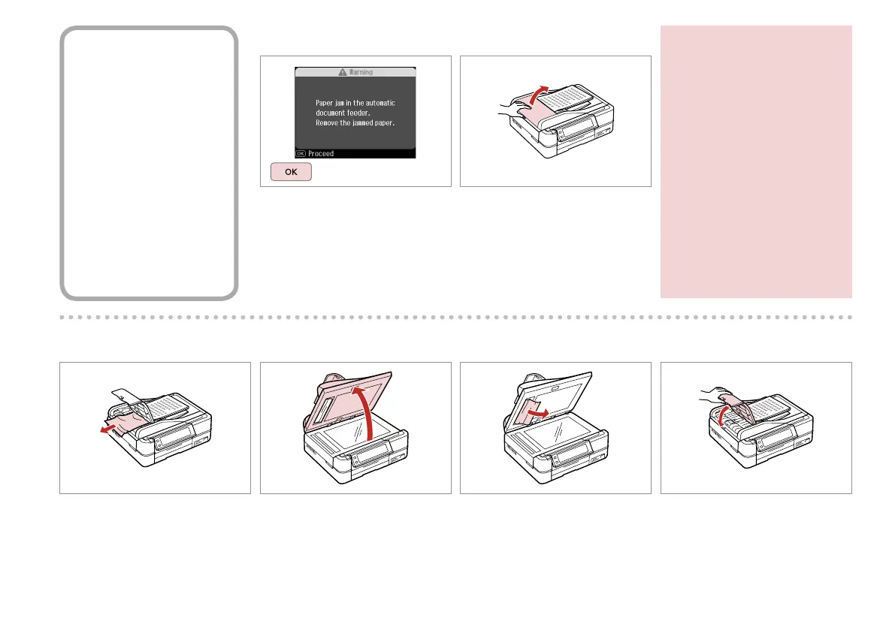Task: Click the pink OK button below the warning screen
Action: point(290,172)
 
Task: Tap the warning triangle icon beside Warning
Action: point(342,72)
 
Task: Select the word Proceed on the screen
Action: point(321,153)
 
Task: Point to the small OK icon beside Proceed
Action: point(301,153)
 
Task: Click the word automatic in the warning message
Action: point(374,102)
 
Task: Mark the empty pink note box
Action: point(756,161)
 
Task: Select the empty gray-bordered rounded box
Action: point(150,163)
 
